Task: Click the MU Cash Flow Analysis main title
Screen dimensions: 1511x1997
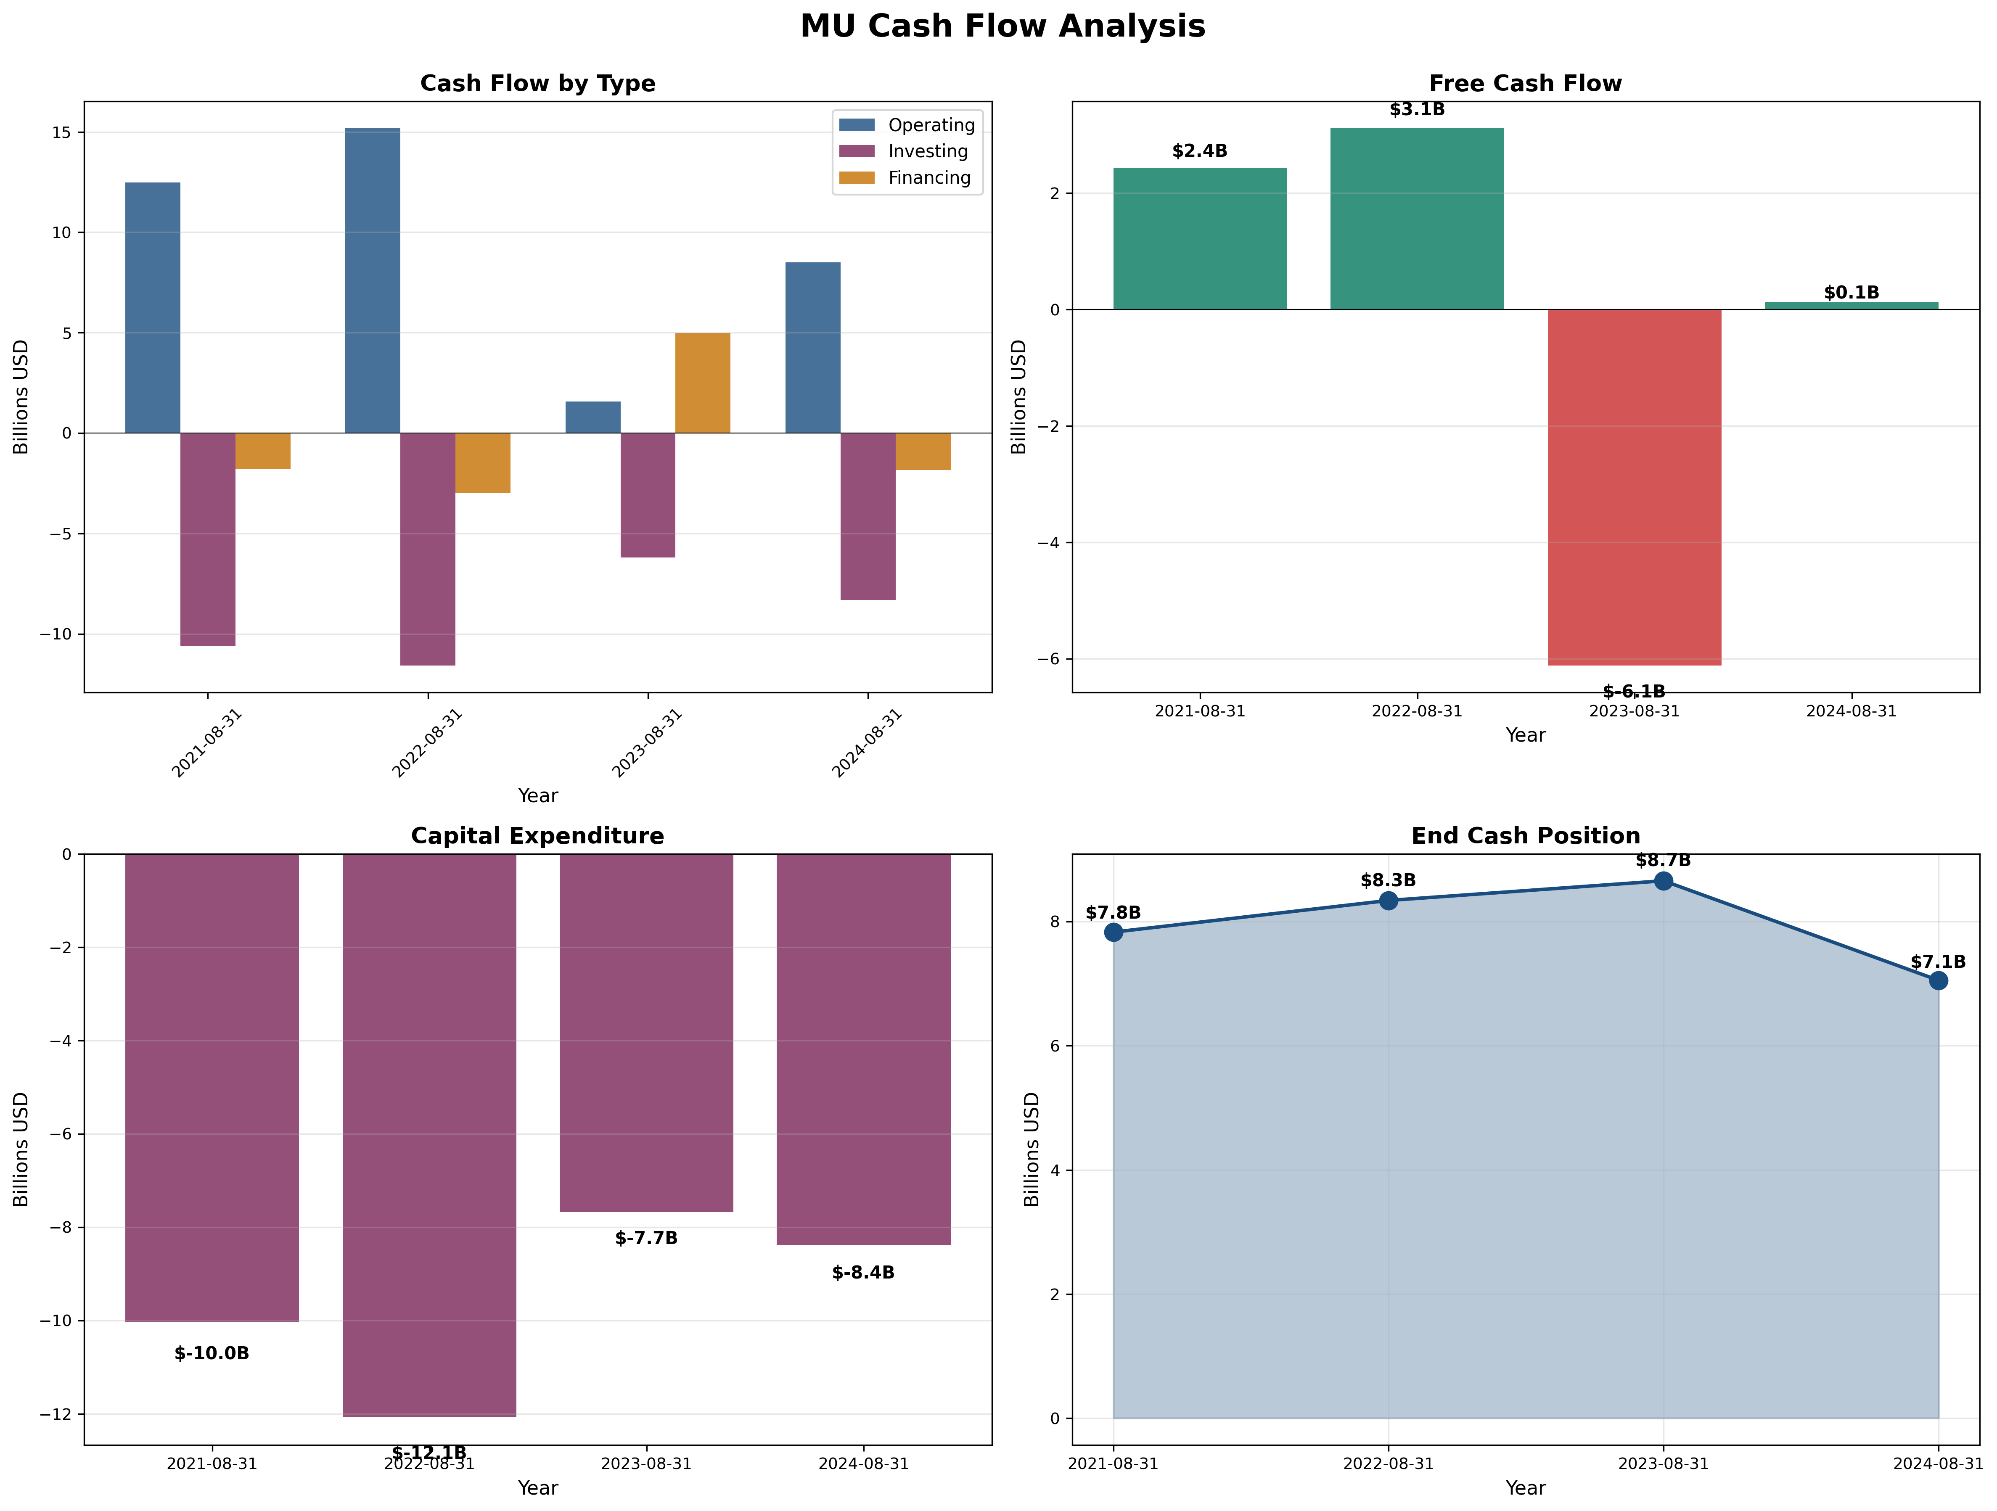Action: pyautogui.click(x=1002, y=26)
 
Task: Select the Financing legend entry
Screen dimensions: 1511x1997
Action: pyautogui.click(x=928, y=178)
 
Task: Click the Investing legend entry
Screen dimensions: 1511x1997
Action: pyautogui.click(x=927, y=152)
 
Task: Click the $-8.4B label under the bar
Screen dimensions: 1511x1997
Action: pyautogui.click(x=863, y=1273)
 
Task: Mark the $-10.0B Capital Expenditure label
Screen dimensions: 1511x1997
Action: pyautogui.click(x=211, y=1353)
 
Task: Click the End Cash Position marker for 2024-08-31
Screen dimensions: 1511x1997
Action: pyautogui.click(x=1937, y=980)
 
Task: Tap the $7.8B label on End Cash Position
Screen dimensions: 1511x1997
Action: pyautogui.click(x=1112, y=913)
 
